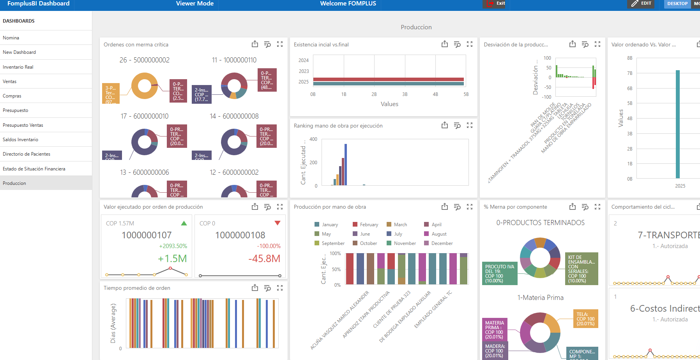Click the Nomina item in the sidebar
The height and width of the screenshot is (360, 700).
click(11, 38)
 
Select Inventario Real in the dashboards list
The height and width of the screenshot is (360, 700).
click(18, 67)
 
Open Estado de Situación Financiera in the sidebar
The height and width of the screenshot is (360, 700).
click(34, 169)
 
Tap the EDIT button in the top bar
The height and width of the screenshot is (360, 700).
click(642, 4)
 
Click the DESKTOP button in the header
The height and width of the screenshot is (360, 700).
click(677, 4)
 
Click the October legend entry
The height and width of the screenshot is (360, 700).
click(368, 243)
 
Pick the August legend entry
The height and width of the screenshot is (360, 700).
click(439, 234)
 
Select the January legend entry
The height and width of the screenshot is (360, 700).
click(330, 225)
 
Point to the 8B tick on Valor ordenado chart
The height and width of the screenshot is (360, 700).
click(630, 58)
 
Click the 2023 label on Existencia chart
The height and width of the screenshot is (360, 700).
click(304, 71)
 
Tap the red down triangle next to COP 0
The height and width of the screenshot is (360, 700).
click(278, 223)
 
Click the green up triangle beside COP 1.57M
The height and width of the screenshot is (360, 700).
click(184, 223)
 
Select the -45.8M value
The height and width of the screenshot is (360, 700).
click(264, 259)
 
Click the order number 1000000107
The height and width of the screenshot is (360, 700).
click(147, 235)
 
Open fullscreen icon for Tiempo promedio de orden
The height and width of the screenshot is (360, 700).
click(280, 288)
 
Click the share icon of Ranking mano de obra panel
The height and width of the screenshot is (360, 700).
click(445, 125)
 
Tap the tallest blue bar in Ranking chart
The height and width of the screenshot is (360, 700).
click(346, 165)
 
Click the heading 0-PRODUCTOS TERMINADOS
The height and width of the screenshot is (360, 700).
click(540, 223)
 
